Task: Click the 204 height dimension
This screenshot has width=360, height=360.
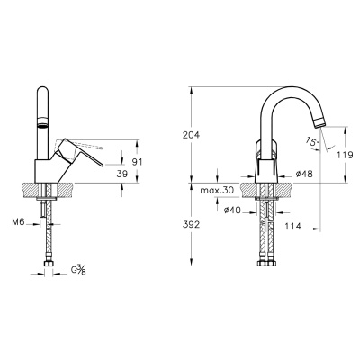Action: pos(191,135)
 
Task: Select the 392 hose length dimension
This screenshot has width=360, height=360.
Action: pos(191,224)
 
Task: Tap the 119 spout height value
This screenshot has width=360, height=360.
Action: pos(345,155)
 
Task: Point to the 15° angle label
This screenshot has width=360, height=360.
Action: pos(312,141)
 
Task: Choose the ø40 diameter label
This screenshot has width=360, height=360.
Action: pos(232,211)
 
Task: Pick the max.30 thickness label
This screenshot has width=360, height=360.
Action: pos(217,191)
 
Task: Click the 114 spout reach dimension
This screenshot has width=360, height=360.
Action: pos(292,226)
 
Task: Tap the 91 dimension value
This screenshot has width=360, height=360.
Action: pos(137,162)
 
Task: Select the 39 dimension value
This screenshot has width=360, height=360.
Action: pos(121,174)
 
